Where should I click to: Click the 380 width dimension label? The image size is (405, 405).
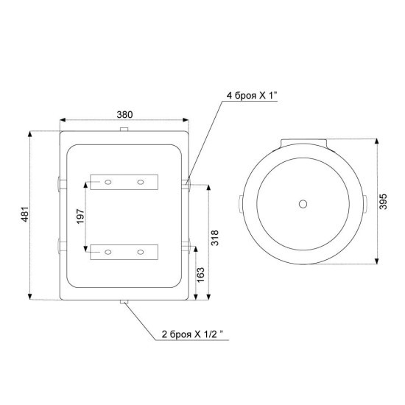coord(124,114)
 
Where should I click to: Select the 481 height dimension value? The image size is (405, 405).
coord(25,214)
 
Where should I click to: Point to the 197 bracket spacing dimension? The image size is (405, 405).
coord(80,216)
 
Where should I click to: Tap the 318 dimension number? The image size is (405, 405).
coord(214,238)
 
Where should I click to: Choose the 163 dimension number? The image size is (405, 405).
coord(200,275)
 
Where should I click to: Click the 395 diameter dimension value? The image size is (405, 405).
coord(384,202)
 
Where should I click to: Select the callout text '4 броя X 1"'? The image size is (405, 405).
coord(252,96)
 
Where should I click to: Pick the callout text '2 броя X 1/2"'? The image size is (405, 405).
coord(192,334)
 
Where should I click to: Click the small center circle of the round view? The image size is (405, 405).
coord(303,204)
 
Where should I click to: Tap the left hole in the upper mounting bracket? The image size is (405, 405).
coord(108,183)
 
